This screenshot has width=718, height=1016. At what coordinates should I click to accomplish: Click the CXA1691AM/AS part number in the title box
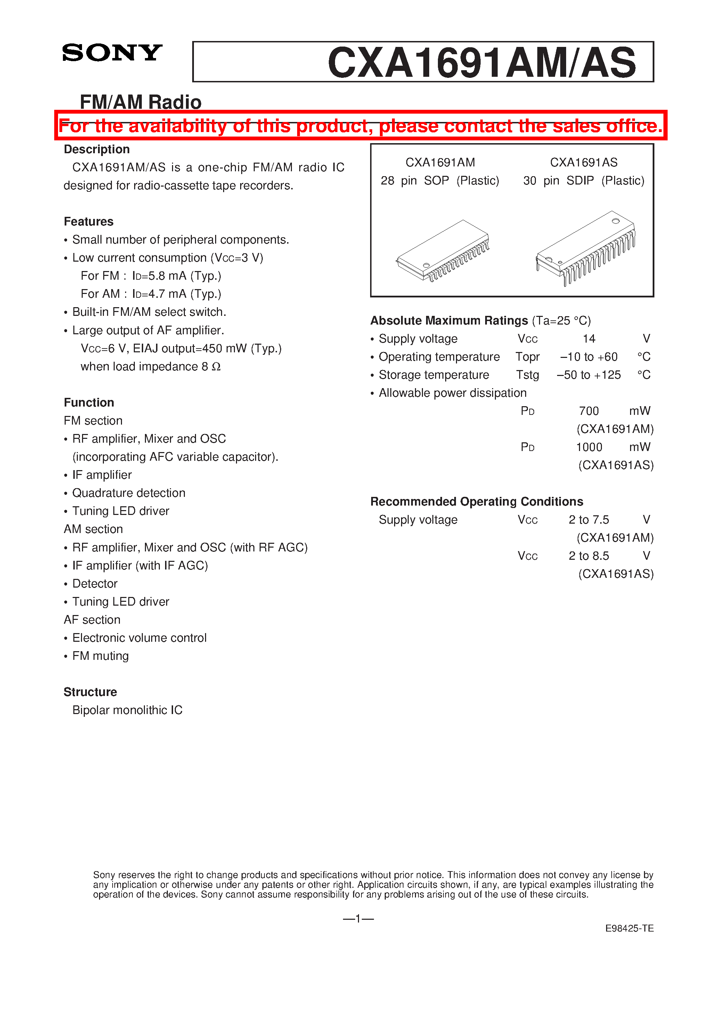click(482, 63)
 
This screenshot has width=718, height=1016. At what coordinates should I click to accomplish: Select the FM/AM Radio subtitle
click(140, 102)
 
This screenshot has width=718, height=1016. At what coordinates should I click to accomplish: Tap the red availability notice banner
click(360, 126)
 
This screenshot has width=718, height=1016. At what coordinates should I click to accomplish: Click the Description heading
click(97, 149)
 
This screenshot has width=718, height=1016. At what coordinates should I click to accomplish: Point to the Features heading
click(89, 221)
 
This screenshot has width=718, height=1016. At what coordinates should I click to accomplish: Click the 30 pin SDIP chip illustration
click(585, 247)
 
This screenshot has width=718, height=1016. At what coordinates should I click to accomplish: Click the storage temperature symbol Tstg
click(527, 375)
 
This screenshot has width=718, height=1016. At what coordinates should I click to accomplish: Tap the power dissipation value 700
click(589, 411)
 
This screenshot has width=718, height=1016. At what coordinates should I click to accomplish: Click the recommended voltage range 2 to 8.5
click(588, 556)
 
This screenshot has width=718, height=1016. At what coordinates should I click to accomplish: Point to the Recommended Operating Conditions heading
click(476, 501)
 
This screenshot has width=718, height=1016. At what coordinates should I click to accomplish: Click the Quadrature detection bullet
click(128, 493)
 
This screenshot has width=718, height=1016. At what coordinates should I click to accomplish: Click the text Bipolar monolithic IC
click(127, 710)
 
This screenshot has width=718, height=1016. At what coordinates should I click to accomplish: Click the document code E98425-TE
click(629, 928)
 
